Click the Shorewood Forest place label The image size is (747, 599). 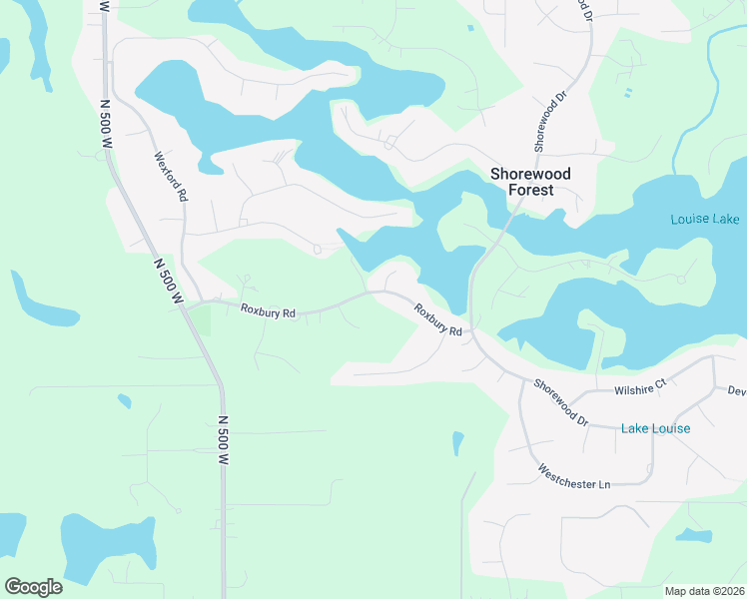(x=530, y=182)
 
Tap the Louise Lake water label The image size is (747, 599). (x=704, y=219)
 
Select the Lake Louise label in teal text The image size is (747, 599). (x=655, y=428)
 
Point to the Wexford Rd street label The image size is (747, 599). (x=171, y=177)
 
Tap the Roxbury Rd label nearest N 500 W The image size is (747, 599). (x=269, y=311)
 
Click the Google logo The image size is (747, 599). (x=33, y=586)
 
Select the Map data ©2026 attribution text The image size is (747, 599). (x=703, y=591)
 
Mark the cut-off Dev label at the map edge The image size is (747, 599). (x=737, y=391)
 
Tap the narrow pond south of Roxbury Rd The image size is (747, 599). (x=457, y=441)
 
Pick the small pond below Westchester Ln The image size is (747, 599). (x=691, y=536)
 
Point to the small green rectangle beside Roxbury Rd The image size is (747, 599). (x=202, y=320)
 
